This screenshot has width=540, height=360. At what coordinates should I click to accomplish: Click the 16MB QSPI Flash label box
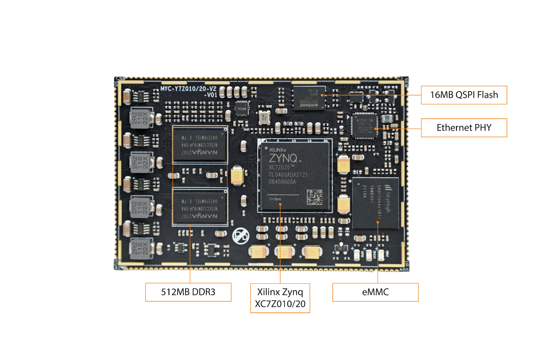point(464,95)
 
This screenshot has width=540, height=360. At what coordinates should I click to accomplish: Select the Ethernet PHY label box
point(464,128)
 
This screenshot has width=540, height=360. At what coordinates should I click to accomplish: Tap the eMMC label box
point(375,292)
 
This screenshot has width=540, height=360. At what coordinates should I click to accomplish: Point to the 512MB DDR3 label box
point(188,292)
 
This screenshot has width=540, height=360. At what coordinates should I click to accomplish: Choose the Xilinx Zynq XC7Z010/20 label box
point(280,298)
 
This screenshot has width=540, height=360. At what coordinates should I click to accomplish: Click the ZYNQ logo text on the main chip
point(283,158)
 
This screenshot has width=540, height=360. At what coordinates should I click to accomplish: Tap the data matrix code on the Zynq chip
point(314,197)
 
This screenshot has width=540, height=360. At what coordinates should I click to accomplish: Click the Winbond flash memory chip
point(309,98)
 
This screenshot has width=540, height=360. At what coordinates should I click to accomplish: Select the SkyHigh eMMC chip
point(375,203)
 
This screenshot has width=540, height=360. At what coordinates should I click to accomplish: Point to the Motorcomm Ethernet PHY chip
point(364,126)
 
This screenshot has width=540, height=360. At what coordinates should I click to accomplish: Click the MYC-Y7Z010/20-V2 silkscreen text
point(188,89)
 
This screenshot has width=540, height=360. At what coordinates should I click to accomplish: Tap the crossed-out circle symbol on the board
point(241,236)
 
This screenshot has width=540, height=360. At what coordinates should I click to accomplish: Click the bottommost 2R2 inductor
point(140,248)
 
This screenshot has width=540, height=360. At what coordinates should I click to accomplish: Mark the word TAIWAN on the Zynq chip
point(275,199)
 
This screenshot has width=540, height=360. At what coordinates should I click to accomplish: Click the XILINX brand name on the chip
point(277,150)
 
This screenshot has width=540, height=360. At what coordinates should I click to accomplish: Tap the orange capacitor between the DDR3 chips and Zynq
point(237,175)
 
